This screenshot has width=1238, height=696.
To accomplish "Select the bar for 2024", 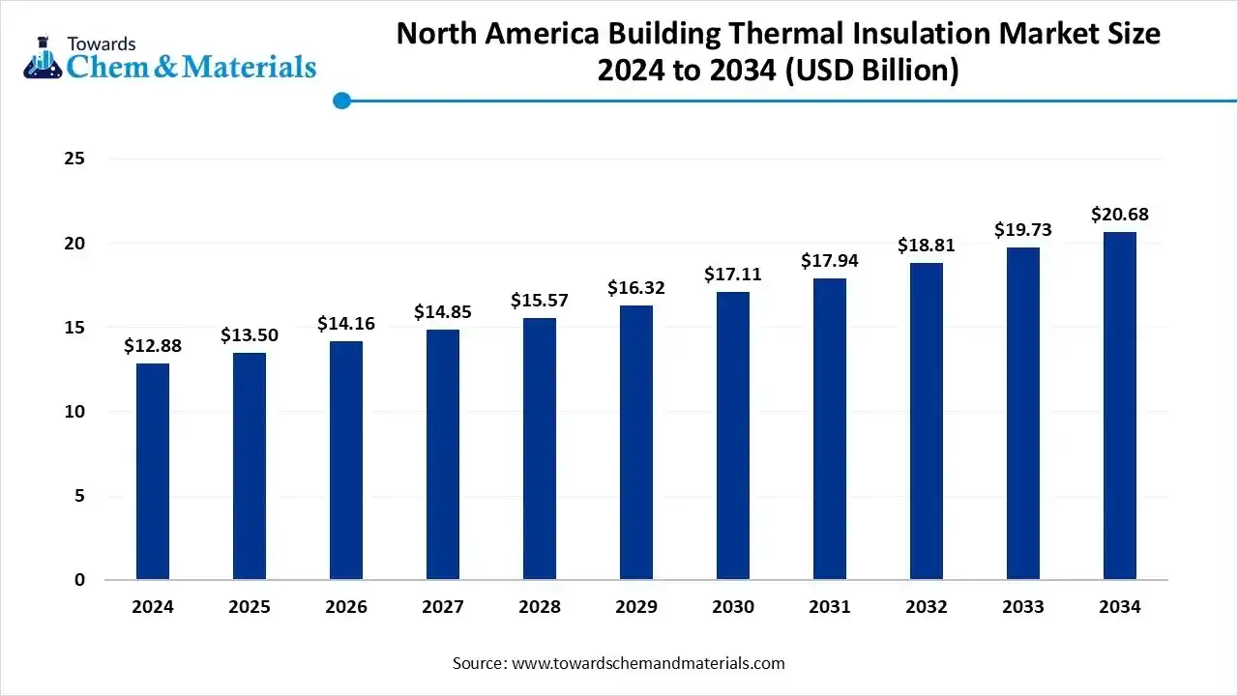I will [153, 472].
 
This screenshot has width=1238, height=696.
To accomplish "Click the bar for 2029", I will [636, 443].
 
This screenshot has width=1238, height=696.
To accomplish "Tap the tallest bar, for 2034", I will [1120, 406].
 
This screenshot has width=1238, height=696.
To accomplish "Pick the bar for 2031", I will [830, 429].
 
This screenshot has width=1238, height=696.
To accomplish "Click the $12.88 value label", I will [153, 346].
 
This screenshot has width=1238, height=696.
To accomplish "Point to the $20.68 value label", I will [1120, 215].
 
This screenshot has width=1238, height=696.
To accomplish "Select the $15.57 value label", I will [540, 301].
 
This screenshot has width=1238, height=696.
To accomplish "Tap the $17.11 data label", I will [733, 275].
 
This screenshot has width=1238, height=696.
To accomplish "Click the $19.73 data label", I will [1023, 230].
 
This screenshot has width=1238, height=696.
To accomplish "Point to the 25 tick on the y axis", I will [75, 159].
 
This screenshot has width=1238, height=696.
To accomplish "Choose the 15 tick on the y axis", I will [75, 328].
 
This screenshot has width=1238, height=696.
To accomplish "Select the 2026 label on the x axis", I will [346, 607].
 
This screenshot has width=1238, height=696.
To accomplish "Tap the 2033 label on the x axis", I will [1023, 607].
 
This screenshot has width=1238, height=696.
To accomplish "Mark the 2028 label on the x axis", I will [540, 607].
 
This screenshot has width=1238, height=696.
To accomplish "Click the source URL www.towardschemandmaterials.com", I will [647, 663].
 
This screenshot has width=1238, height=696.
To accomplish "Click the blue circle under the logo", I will [341, 101].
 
